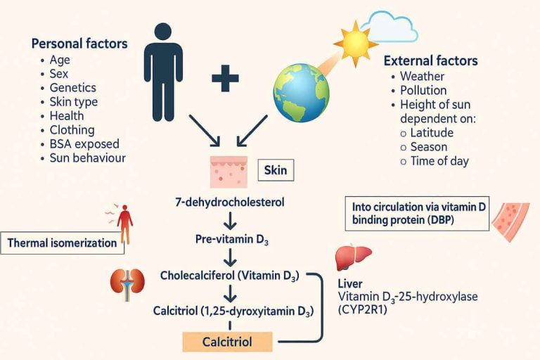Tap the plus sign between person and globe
pyautogui.click(x=225, y=79)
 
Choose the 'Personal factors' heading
pyautogui.click(x=79, y=44)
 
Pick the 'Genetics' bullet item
pyautogui.click(x=72, y=88)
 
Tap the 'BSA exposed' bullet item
pyautogui.click(x=81, y=144)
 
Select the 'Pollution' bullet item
pyautogui.click(x=423, y=91)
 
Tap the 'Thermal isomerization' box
pyautogui.click(x=63, y=243)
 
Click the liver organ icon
pyautogui.click(x=350, y=258)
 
